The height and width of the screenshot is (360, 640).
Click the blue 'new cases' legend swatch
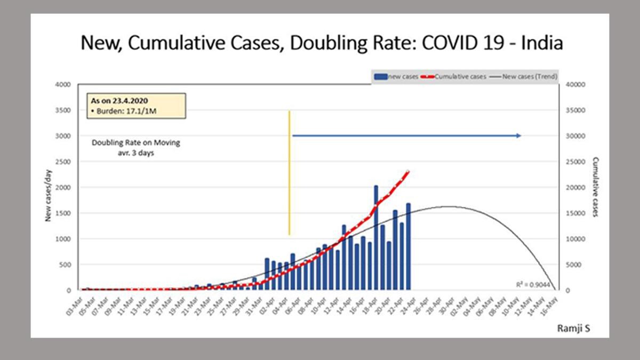(x=380, y=77)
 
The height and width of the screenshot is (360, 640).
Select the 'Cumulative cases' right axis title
(x=595, y=187)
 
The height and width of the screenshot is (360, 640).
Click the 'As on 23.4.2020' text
(x=118, y=101)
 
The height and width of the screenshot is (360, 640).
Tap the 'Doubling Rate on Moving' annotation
(x=135, y=143)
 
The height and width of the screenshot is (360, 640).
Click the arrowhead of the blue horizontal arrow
(x=518, y=136)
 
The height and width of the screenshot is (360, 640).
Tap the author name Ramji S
(x=573, y=329)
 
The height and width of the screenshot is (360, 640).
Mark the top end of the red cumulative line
(x=408, y=171)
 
